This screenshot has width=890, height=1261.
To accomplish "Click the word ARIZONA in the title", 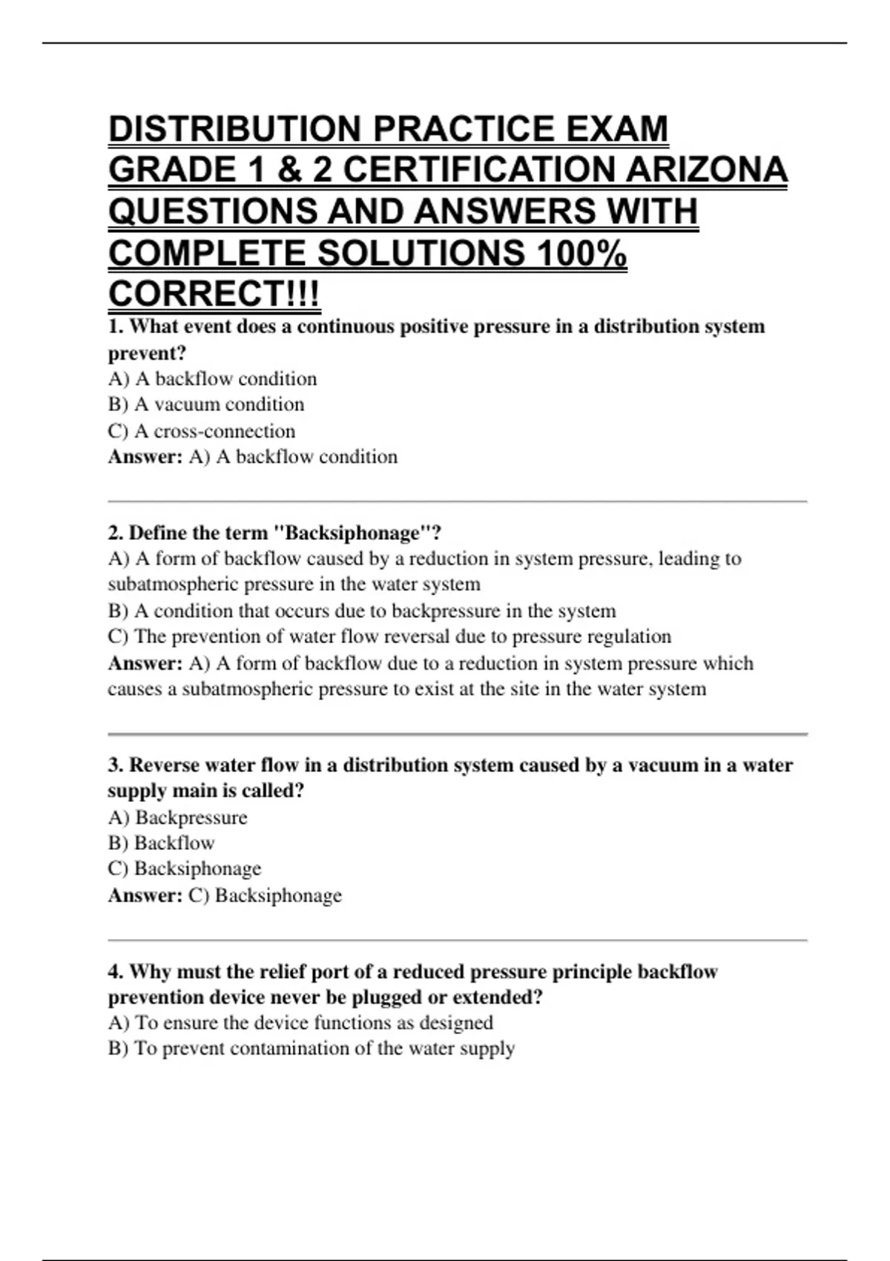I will [706, 170].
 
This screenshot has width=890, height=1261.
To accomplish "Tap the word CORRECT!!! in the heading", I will [214, 294].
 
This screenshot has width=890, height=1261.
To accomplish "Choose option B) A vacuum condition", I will [206, 404].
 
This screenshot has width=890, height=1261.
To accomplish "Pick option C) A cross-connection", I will [202, 431].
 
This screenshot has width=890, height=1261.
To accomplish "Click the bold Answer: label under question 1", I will [145, 457].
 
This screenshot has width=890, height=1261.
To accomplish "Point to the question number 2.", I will [115, 533].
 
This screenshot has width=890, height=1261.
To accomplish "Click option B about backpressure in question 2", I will [362, 610].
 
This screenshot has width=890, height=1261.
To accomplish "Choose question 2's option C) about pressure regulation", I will [389, 636].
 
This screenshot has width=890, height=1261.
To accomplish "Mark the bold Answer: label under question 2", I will [145, 663].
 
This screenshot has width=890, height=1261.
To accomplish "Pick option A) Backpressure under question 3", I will [178, 817].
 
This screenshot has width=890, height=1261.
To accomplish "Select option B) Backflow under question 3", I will [162, 843].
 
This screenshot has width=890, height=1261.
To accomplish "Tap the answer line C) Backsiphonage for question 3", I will [265, 895].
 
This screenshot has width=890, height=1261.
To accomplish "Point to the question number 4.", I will [115, 972].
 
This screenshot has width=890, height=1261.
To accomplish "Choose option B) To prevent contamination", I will [311, 1049].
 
